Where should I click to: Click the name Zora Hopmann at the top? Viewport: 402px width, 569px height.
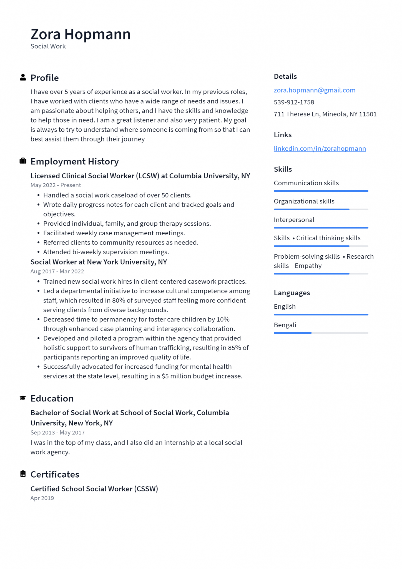(81, 34)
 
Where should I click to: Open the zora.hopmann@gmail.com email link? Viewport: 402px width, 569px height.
(314, 90)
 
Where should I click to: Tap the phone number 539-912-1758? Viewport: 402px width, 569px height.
(294, 102)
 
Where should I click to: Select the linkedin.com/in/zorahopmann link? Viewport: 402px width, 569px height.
(320, 149)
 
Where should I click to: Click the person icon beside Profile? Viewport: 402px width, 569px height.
(23, 78)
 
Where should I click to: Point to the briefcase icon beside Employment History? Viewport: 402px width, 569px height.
(23, 161)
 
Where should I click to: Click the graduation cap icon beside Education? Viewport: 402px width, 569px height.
(23, 398)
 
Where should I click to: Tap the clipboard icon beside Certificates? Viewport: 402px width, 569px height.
(23, 474)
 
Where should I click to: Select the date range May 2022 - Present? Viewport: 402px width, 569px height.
(56, 185)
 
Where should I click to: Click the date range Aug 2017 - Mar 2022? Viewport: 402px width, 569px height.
(57, 271)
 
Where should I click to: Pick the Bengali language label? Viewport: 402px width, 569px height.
(285, 325)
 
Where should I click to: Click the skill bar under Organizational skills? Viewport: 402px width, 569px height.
(321, 209)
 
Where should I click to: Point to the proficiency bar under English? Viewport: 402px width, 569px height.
(321, 315)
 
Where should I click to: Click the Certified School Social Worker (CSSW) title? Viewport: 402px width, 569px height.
(94, 489)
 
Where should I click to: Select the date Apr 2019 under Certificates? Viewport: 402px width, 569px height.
(42, 498)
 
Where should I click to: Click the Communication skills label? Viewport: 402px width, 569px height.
(306, 183)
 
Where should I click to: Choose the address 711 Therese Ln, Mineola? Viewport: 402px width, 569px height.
(325, 114)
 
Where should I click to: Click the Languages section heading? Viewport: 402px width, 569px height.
(292, 293)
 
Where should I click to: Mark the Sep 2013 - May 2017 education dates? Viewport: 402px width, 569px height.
(57, 433)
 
